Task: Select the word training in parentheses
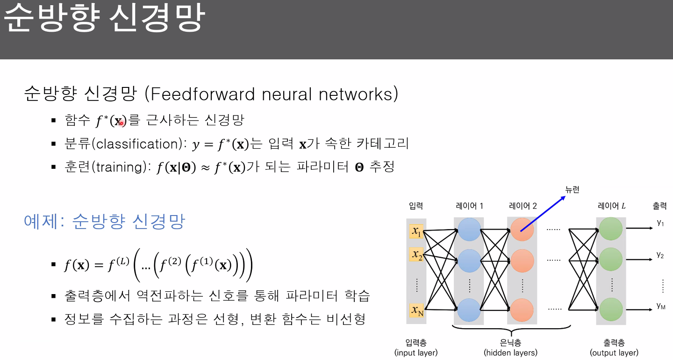(x=120, y=167)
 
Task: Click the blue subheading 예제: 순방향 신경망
(x=105, y=221)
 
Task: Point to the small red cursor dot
(x=121, y=123)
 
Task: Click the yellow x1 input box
(x=416, y=230)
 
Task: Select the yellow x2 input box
(x=416, y=255)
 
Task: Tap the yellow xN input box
(x=416, y=310)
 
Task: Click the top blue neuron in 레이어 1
(x=469, y=230)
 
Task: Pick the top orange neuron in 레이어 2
(x=522, y=230)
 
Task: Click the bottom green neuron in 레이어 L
(x=610, y=309)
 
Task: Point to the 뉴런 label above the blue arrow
(x=573, y=189)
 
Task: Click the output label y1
(x=660, y=223)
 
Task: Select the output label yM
(x=660, y=306)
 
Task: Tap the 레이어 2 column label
(x=523, y=206)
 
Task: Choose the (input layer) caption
(x=416, y=353)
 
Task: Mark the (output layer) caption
(x=614, y=353)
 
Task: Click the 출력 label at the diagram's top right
(x=659, y=206)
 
